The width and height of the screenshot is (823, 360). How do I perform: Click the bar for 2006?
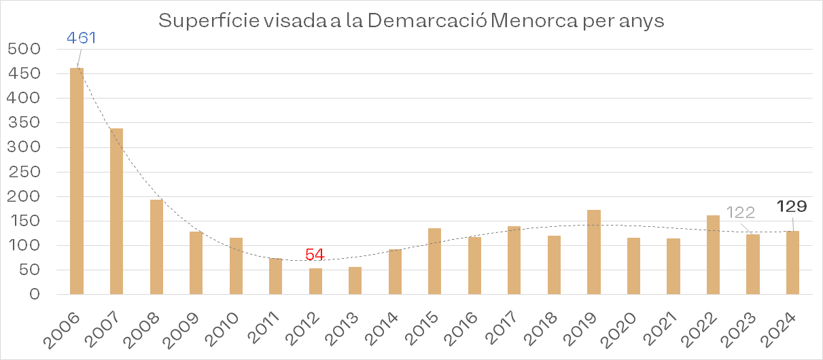[77, 181]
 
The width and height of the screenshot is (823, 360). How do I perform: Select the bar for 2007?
[116, 211]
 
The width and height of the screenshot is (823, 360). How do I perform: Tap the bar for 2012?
[315, 281]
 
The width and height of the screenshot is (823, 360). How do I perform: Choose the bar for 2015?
[434, 262]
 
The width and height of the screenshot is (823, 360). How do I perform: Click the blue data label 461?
[82, 37]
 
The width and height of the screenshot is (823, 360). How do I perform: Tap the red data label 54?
[315, 255]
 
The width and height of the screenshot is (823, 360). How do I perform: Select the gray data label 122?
[741, 213]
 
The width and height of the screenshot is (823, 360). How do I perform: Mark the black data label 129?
[792, 206]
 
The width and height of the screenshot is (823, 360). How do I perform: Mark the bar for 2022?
[713, 255]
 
